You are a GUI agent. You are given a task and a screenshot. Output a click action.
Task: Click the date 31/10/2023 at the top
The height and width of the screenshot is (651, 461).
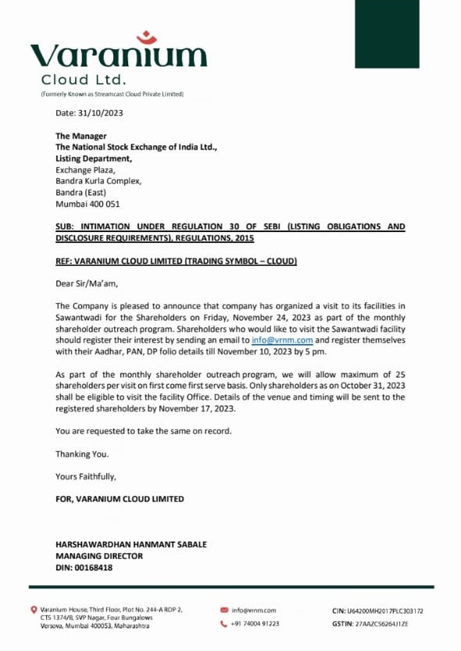click(x=89, y=113)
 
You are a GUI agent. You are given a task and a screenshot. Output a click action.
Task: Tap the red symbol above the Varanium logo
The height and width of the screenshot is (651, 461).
click(x=146, y=38)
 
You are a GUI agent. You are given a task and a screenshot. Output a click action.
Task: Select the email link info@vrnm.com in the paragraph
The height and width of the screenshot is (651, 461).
click(x=282, y=341)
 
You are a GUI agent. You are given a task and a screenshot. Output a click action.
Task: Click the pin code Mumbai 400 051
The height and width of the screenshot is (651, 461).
click(x=88, y=204)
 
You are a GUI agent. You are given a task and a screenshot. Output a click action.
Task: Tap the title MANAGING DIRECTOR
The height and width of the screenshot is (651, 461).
click(x=99, y=556)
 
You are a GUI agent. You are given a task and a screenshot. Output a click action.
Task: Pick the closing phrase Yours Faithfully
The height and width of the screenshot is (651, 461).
click(x=85, y=476)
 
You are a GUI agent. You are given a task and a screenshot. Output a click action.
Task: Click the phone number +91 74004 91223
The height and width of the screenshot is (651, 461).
click(x=256, y=624)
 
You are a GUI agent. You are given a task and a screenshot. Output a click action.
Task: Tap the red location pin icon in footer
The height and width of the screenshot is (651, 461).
click(x=34, y=610)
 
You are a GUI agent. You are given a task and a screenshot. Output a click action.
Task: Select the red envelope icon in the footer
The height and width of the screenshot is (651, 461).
click(x=224, y=610)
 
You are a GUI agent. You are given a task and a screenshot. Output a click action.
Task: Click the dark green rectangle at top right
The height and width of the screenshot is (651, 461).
click(x=387, y=23)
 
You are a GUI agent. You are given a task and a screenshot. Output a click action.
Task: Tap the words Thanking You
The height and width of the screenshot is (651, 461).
click(x=82, y=453)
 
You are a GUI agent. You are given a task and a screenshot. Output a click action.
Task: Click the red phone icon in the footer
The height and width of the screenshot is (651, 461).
click(x=224, y=624)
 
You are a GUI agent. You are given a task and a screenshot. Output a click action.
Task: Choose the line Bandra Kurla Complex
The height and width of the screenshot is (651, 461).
click(x=98, y=181)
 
